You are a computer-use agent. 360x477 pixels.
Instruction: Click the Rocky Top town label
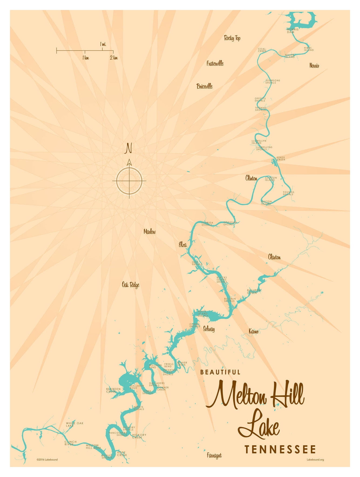[x=232, y=38]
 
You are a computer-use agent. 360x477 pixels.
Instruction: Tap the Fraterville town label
[x=215, y=63]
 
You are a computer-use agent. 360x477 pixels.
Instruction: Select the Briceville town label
[x=205, y=86]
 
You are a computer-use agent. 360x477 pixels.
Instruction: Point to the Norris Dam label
[x=293, y=31]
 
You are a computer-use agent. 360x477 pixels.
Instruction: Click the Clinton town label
[x=251, y=178]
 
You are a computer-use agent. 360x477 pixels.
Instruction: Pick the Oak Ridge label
[x=131, y=285]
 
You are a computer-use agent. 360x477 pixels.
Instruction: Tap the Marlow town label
[x=150, y=231]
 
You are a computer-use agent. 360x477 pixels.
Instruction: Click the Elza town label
[x=183, y=245]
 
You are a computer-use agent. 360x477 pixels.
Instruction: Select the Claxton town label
[x=274, y=257]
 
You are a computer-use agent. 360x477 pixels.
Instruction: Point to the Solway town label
[x=209, y=329]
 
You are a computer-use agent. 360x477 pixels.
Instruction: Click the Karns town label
[x=253, y=331]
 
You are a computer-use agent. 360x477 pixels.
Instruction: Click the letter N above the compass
[x=128, y=148]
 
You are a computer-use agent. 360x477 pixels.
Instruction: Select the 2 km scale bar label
[x=114, y=58]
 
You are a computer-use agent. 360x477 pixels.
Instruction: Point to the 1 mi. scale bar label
[x=103, y=44]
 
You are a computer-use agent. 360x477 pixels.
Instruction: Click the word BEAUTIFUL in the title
[x=220, y=372]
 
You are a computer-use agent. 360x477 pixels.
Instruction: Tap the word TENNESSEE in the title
[x=280, y=449]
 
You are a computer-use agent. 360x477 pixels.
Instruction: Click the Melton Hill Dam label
[x=93, y=446]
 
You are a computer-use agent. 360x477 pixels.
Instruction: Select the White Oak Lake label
[x=75, y=424]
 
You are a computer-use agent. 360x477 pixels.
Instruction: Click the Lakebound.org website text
[x=315, y=459]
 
